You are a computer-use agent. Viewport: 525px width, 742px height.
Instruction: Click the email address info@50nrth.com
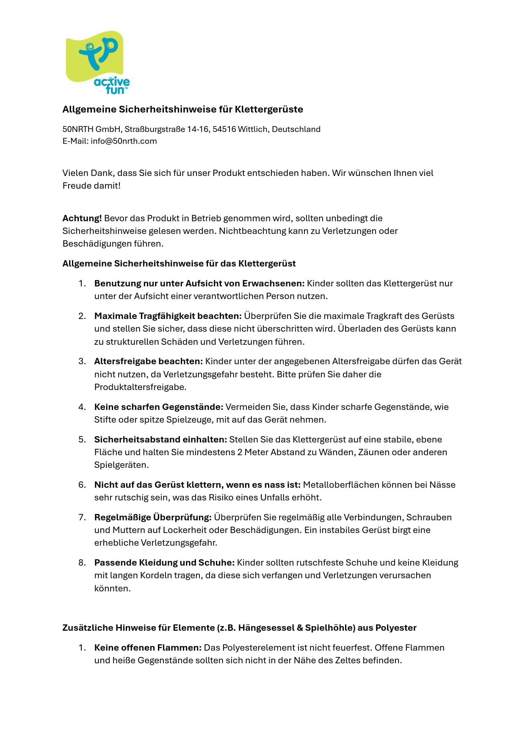coord(124,141)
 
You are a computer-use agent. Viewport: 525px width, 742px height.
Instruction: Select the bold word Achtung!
coord(82,218)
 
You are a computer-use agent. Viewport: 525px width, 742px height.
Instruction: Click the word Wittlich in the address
coord(253,129)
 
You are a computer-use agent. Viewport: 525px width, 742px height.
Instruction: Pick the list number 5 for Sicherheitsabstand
coord(82,440)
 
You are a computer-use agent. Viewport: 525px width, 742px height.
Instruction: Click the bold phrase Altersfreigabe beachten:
coord(148,361)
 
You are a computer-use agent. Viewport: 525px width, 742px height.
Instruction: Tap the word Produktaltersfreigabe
coord(140,387)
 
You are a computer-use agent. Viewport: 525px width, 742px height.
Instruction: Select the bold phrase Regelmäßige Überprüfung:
coord(153,517)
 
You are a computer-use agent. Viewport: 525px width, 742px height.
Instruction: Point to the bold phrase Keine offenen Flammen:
coord(148,648)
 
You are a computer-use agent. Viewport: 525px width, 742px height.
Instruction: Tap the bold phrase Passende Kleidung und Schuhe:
coord(164,563)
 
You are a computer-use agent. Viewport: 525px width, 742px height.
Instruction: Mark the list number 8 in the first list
coord(82,563)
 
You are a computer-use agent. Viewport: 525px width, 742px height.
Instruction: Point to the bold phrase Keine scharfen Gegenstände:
coord(158,407)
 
